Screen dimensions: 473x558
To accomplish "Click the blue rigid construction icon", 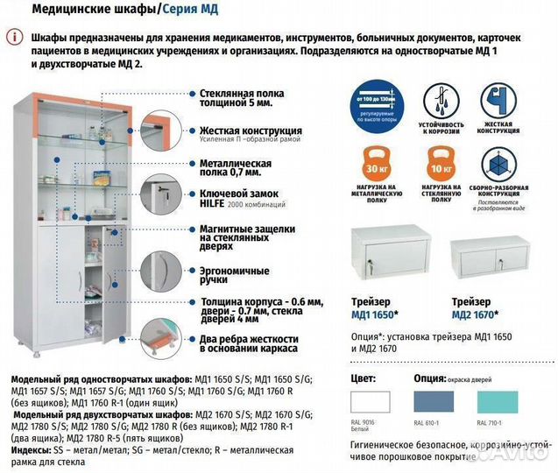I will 501,102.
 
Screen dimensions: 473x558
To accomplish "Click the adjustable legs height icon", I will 377,102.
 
